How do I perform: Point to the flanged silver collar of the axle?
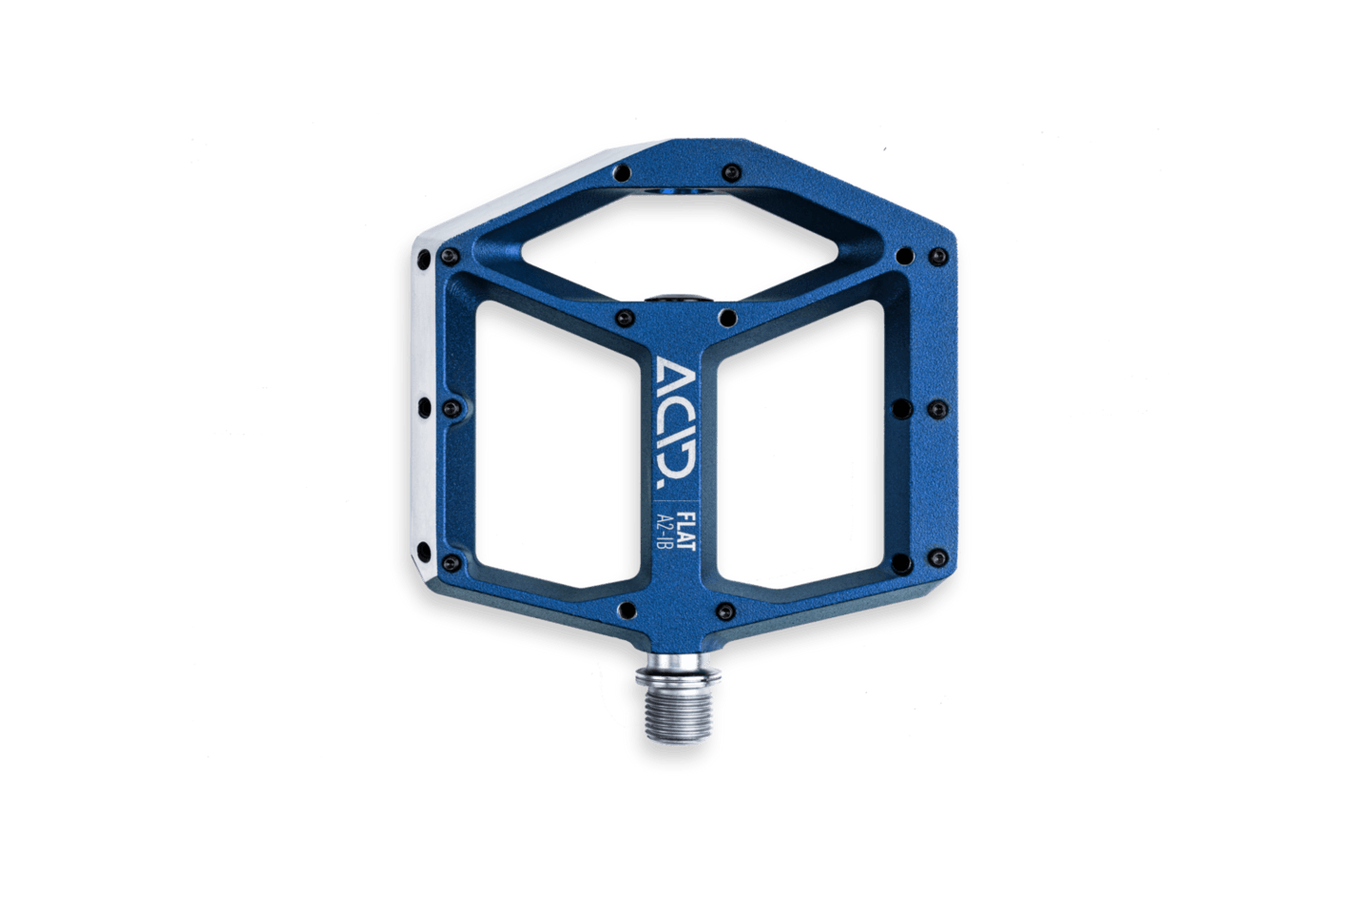[x=678, y=675]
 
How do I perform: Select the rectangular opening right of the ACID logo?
[x=800, y=444]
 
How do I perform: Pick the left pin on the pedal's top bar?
[x=622, y=172]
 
